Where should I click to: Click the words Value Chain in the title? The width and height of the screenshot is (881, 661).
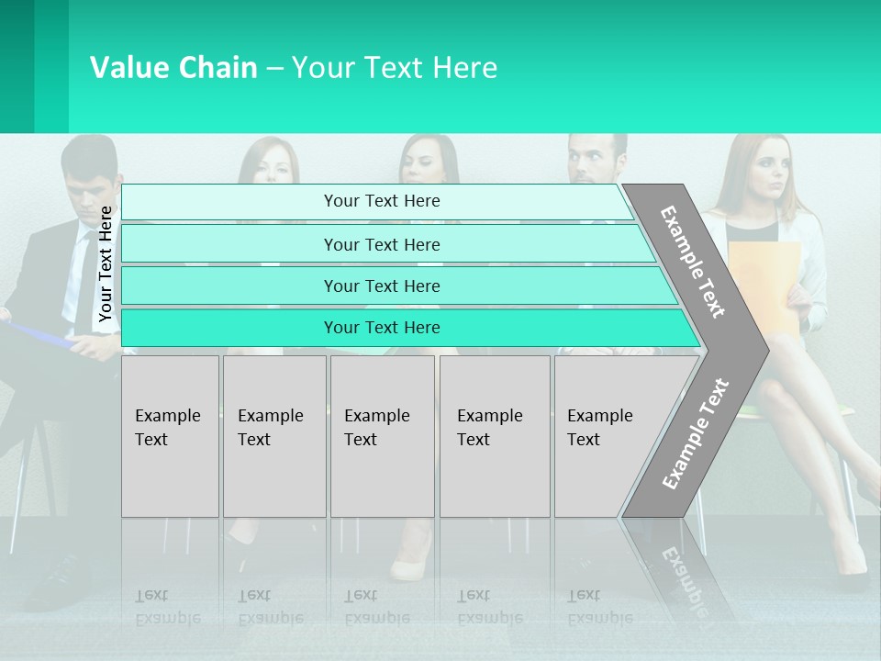point(173,68)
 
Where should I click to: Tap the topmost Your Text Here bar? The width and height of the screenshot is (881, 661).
point(376,201)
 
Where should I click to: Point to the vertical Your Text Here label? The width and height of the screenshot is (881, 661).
point(106,263)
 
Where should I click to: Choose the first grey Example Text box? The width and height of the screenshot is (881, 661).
point(170,436)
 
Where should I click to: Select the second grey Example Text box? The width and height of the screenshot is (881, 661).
point(274,436)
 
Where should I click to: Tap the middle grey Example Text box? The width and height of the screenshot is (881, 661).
point(382,436)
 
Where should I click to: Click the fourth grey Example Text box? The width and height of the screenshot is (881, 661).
point(495,436)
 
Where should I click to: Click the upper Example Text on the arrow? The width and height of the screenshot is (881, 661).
point(693,262)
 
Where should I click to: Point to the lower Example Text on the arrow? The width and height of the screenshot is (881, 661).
point(696,433)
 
